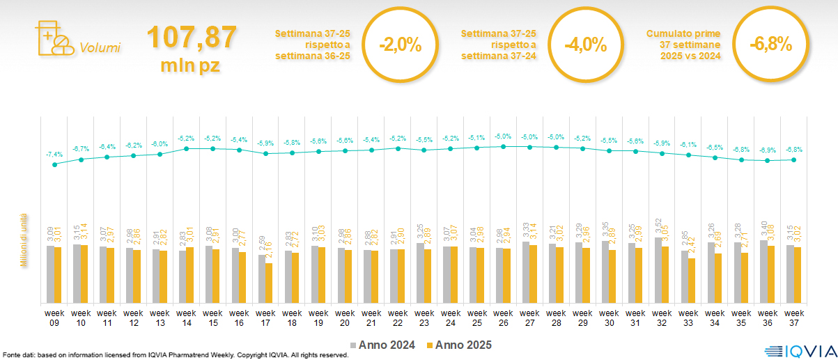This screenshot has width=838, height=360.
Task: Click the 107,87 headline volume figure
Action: (x=191, y=38)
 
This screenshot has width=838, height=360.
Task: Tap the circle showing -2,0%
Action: (x=401, y=45)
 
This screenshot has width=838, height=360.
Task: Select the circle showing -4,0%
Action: (x=585, y=45)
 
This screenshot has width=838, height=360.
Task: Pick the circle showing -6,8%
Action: (x=770, y=45)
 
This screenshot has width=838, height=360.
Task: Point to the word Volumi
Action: (x=100, y=48)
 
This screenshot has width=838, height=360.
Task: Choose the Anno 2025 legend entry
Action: (x=460, y=345)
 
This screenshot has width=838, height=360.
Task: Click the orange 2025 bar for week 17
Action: (x=269, y=283)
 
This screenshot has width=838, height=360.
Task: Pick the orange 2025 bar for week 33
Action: (x=691, y=281)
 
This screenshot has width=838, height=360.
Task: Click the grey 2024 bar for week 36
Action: (x=763, y=272)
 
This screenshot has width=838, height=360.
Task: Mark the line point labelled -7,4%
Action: (x=55, y=164)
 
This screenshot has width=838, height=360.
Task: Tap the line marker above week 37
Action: (x=794, y=159)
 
